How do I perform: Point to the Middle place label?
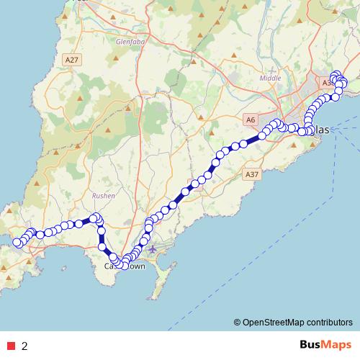coord(270,78)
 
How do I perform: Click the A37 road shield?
coord(251,174)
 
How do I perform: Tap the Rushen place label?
coord(104,195)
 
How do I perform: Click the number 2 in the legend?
coord(24,346)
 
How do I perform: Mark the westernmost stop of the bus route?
coord(17,243)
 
